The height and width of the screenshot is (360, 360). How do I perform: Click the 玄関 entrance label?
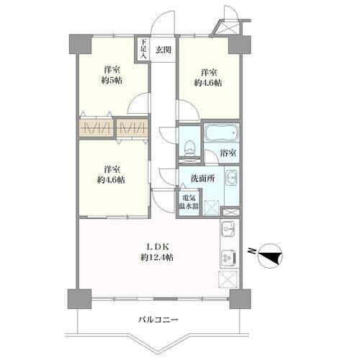pyautogui.click(x=163, y=50)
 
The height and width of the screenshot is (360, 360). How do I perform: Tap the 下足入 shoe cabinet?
pyautogui.click(x=143, y=49)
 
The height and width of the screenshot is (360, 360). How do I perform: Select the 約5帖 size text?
pyautogui.click(x=112, y=81)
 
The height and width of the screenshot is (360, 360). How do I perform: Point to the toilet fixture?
pyautogui.click(x=189, y=148)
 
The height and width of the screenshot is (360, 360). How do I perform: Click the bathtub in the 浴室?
pyautogui.click(x=222, y=132)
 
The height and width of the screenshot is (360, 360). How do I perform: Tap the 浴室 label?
pyautogui.click(x=228, y=153)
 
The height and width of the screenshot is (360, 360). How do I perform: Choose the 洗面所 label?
pyautogui.click(x=203, y=179)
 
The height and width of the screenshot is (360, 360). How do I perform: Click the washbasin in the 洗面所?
pyautogui.click(x=232, y=178)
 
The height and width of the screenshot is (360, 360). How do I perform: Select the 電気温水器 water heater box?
pyautogui.click(x=189, y=202)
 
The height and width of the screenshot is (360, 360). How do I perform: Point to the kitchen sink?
pyautogui.click(x=228, y=228)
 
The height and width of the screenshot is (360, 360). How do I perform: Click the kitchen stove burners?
pyautogui.click(x=229, y=258)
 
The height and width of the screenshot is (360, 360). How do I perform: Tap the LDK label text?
pyautogui.click(x=158, y=247)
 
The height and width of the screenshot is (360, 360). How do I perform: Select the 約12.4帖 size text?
pyautogui.click(x=157, y=258)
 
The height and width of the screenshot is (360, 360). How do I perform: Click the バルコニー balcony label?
pyautogui.click(x=158, y=320)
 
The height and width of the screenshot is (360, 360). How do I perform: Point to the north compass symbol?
pyautogui.click(x=271, y=256)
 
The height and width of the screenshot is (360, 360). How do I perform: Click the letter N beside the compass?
pyautogui.click(x=252, y=251)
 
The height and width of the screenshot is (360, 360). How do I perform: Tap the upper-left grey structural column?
pyautogui.click(x=81, y=44)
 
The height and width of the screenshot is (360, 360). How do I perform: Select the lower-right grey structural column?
pyautogui.click(x=240, y=299)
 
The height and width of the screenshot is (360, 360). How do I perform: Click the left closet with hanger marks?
pyautogui.click(x=96, y=127)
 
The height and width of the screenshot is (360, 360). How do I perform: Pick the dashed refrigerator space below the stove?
pyautogui.click(x=228, y=279)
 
